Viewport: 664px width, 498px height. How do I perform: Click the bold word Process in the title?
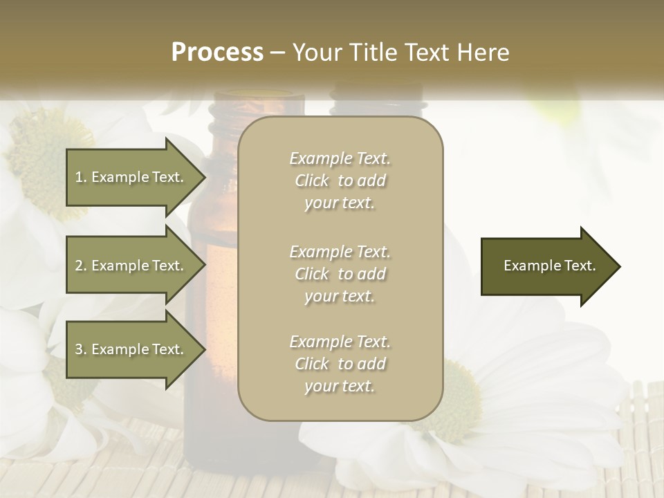pos(217,53)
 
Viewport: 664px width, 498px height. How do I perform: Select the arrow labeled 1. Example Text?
pos(131,177)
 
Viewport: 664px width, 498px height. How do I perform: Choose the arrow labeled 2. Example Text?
pos(131,266)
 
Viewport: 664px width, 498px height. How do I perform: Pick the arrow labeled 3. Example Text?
pos(131,349)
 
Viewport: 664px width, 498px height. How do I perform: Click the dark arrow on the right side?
pos(546,266)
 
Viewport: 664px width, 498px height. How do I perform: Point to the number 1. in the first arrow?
pos(81,177)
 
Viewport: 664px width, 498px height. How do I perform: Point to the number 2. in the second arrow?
pos(81,266)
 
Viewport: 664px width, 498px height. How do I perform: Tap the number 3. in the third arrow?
pos(81,349)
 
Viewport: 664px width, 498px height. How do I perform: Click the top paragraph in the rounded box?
pos(340,181)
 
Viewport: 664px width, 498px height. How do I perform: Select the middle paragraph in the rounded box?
pos(340,274)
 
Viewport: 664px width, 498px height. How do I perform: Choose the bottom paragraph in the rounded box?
pos(340,364)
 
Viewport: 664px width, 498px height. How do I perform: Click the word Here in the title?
pos(483,53)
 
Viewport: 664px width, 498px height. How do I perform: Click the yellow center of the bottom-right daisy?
pos(453,401)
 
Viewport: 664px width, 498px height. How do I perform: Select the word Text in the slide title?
pos(433,53)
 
